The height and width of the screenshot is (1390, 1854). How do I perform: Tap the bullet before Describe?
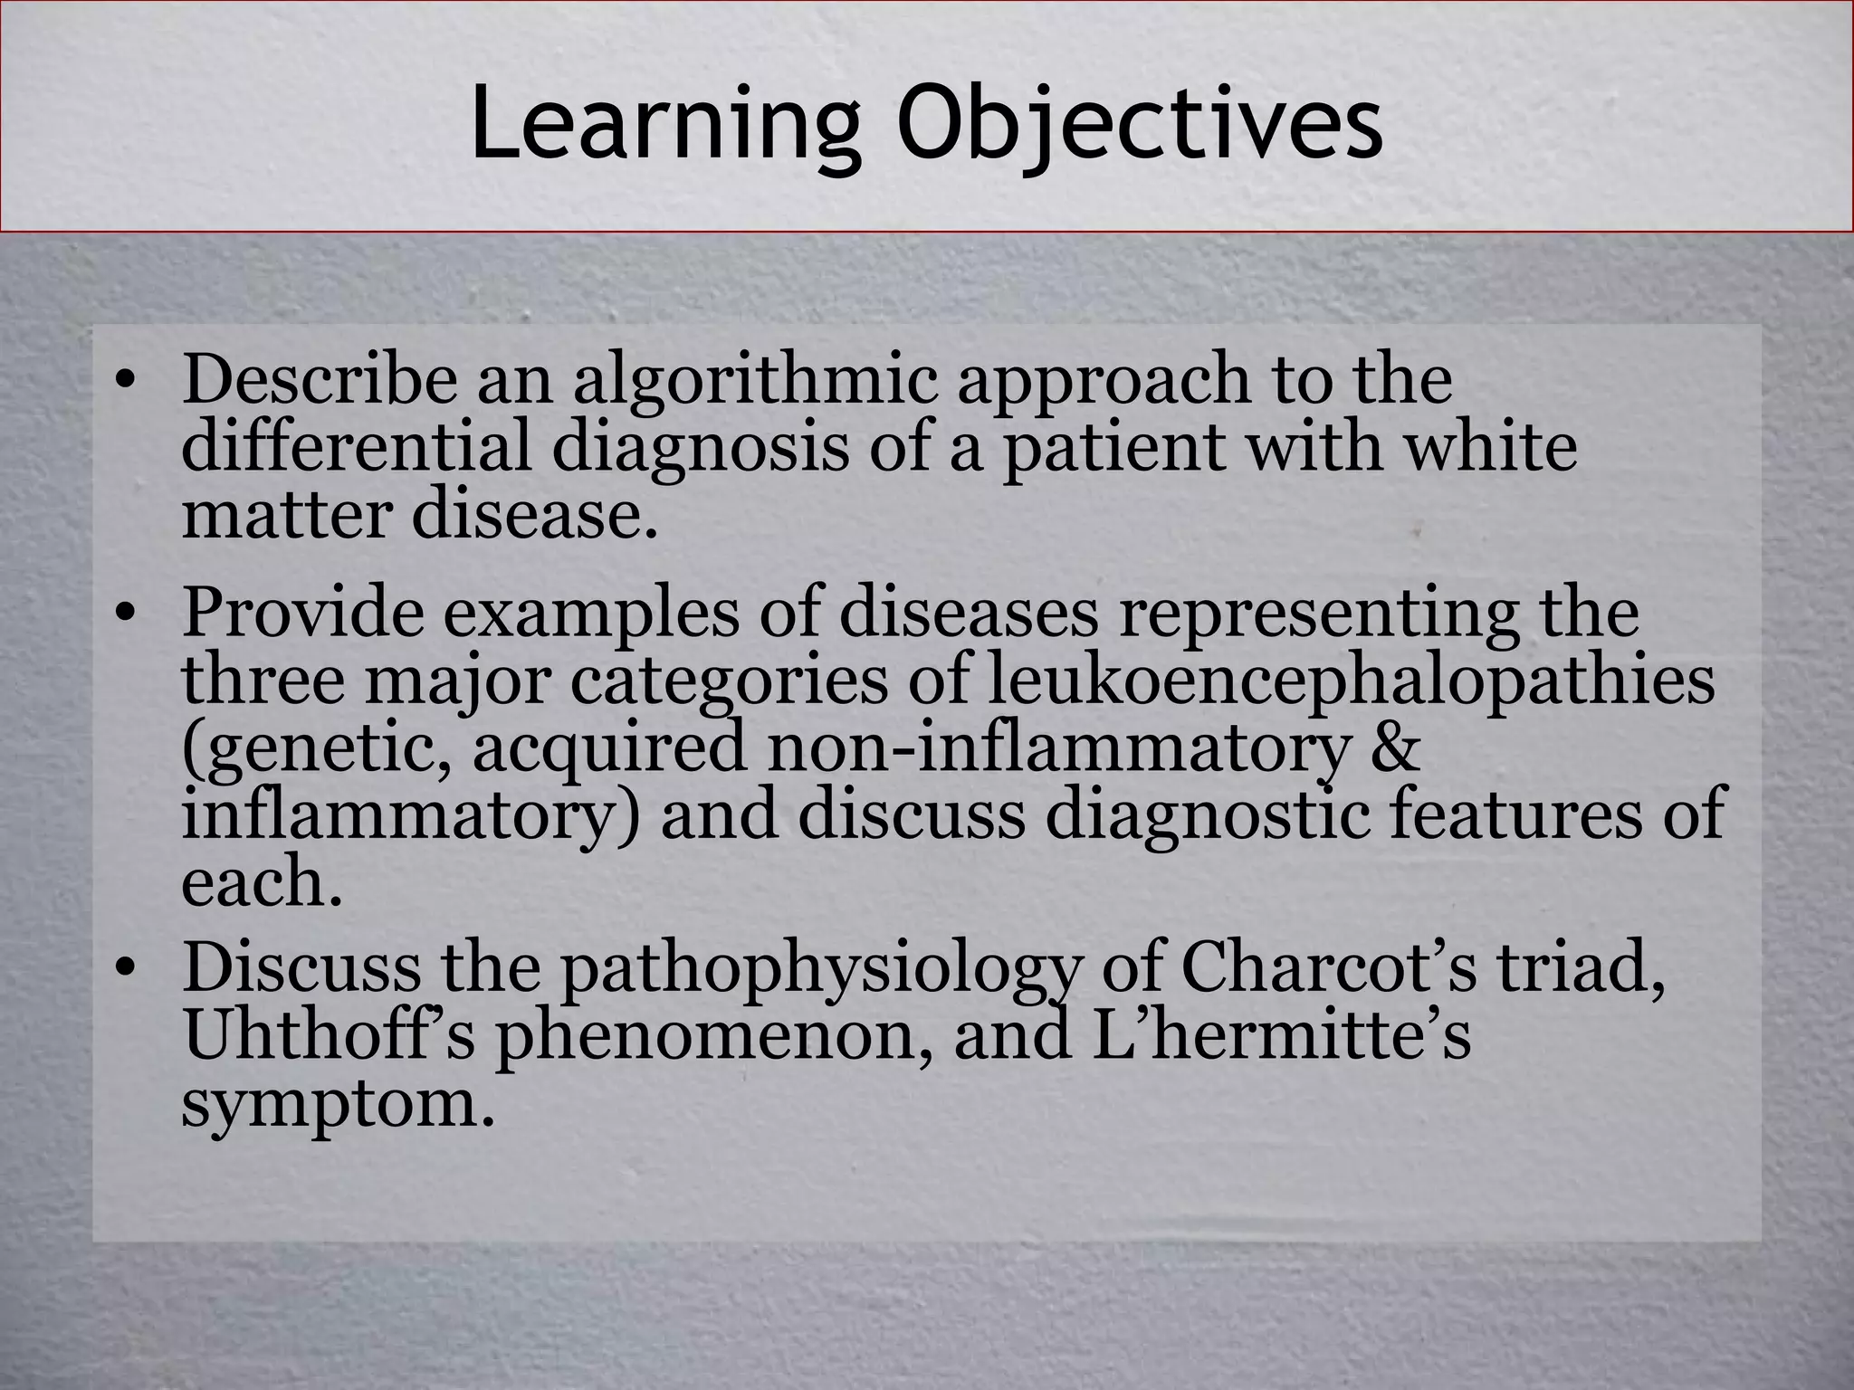click(x=126, y=380)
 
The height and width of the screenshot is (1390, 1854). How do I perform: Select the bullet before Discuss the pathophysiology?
click(x=126, y=969)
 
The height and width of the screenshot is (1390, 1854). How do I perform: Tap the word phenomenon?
click(x=715, y=1038)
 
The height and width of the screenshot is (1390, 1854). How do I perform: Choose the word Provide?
click(x=303, y=614)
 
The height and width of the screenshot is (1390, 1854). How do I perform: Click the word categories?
click(x=730, y=681)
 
